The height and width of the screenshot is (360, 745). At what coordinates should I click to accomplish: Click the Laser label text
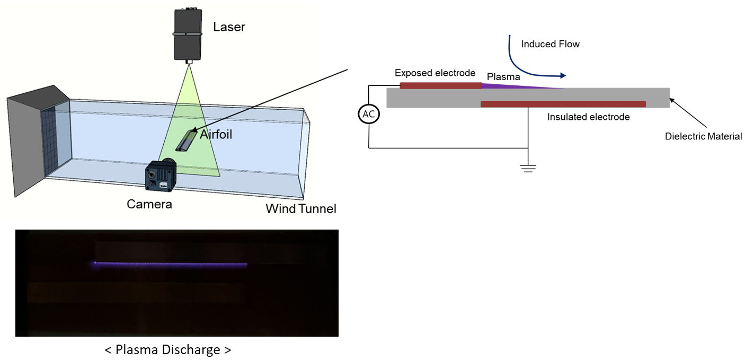(x=229, y=27)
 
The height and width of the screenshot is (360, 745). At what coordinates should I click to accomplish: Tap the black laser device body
(x=188, y=34)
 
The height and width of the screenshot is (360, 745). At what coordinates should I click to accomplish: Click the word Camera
(x=149, y=204)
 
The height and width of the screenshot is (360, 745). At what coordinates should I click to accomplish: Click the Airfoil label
(x=216, y=135)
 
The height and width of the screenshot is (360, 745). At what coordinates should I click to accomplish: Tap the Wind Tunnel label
(x=300, y=209)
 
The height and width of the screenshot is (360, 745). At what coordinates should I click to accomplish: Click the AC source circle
(x=368, y=115)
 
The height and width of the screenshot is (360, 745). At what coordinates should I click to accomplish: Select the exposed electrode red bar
(x=440, y=85)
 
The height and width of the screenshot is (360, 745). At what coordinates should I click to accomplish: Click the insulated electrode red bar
(x=563, y=104)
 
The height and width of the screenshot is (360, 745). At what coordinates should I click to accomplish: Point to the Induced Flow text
(x=550, y=44)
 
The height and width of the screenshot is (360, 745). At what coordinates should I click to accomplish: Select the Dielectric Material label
(x=703, y=136)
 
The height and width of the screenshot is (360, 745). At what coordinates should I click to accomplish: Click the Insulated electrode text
(x=588, y=117)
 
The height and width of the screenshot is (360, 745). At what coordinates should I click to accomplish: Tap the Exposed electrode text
(x=434, y=73)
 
